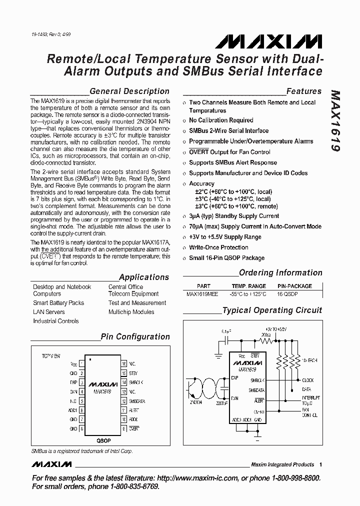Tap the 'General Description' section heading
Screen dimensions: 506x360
129,91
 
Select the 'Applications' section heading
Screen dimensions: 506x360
144,277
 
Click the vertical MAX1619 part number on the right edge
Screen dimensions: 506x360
335,122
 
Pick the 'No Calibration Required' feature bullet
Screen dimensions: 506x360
221,120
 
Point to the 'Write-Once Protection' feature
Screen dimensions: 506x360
218,247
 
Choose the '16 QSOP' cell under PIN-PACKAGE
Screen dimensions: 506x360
287,294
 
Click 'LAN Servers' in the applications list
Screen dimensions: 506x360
48,312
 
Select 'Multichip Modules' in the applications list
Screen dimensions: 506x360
132,312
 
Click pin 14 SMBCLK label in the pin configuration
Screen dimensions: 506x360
136,382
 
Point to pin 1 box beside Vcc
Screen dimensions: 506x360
81,364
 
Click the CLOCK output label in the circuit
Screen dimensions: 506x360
308,380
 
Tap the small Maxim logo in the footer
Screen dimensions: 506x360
51,464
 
